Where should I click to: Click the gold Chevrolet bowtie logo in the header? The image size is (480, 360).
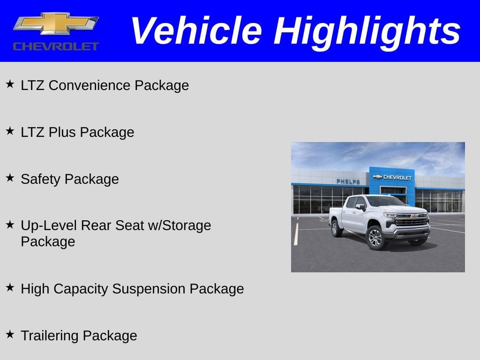click(56, 24)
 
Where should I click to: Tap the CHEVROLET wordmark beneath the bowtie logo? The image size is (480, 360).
click(56, 46)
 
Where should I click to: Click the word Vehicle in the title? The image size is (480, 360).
click(195, 31)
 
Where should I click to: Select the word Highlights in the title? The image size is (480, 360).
click(367, 31)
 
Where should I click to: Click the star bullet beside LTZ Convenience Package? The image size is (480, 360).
click(10, 84)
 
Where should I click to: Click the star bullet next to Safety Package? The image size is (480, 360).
click(10, 178)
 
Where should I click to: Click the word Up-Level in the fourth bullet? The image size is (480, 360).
click(49, 226)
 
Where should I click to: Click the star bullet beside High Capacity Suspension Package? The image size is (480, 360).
click(10, 288)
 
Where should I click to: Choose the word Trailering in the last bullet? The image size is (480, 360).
click(50, 336)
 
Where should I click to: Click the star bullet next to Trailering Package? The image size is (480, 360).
click(10, 335)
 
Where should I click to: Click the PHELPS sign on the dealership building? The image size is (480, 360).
click(348, 181)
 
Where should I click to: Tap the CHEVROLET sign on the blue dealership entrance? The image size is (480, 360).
click(393, 178)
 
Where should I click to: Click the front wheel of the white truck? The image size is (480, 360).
click(376, 237)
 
